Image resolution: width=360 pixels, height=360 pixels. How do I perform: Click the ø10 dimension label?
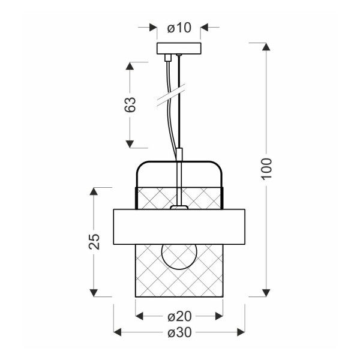pos(179,27)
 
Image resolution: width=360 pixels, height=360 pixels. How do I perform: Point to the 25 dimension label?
pos(94,241)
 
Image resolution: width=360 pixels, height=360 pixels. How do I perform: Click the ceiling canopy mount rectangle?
pos(179,49)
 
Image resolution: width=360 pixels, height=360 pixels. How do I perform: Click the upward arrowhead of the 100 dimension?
pos(266,47)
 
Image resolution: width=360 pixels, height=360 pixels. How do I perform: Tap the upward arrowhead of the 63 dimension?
pos(129,66)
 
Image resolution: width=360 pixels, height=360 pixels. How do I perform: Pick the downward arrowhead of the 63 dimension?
pos(129,143)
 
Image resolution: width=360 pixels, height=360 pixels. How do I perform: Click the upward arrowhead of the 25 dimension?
pos(94,192)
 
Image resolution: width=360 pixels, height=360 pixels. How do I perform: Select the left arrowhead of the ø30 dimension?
pos(118,332)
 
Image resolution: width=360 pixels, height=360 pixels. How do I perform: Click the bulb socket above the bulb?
pos(179,208)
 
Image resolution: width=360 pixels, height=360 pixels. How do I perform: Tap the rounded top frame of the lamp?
pos(179,163)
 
